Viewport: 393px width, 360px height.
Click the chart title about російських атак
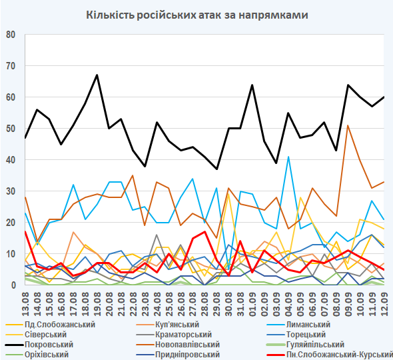(x=197, y=15)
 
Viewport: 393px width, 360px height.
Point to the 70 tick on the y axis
(x=11, y=66)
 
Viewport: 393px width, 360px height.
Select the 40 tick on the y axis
(x=11, y=160)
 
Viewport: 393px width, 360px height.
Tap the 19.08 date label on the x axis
(x=97, y=304)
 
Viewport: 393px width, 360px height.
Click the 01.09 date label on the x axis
(x=252, y=304)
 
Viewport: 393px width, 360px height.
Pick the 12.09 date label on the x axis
(x=384, y=304)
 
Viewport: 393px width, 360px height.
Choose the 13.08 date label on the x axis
(x=25, y=304)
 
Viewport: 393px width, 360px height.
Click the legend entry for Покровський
(x=39, y=345)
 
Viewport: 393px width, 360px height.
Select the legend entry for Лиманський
(x=299, y=325)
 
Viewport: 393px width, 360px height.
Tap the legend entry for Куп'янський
(x=168, y=325)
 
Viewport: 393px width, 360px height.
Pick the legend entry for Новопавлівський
(x=178, y=345)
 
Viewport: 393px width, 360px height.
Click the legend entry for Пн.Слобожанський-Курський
(x=330, y=355)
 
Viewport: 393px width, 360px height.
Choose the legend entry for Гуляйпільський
(x=306, y=345)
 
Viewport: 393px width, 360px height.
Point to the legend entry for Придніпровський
(x=178, y=355)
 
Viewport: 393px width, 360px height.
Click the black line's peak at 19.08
(x=97, y=75)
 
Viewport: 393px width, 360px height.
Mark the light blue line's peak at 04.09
(x=288, y=157)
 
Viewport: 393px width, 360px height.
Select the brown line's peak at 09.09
(x=348, y=125)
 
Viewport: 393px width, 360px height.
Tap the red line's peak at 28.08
(x=204, y=231)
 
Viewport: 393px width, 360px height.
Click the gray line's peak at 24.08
(x=157, y=235)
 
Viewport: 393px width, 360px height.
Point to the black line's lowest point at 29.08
(x=216, y=169)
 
